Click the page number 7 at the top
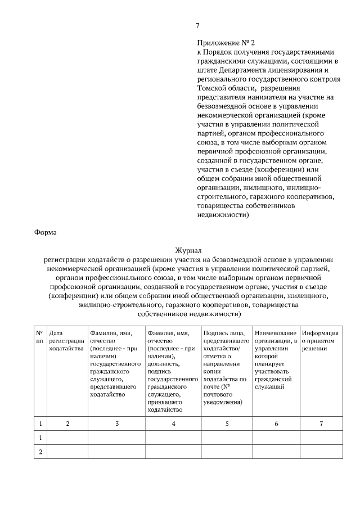197,25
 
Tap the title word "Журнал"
188,250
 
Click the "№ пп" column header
39,336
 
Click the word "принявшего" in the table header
164,402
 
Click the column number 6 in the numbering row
276,423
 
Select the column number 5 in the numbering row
227,423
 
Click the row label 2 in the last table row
39,451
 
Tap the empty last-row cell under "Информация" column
321,451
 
